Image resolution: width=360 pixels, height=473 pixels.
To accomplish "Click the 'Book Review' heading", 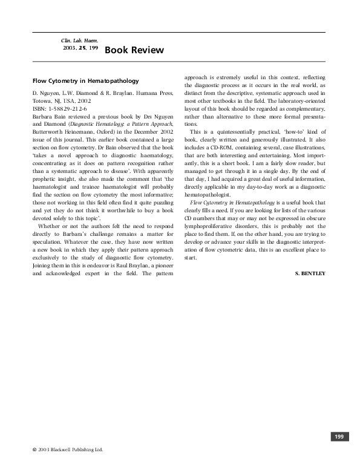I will point(134,50).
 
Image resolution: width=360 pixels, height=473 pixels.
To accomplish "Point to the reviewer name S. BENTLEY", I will point(310,273).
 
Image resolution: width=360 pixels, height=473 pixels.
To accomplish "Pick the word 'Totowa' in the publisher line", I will point(43,102).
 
